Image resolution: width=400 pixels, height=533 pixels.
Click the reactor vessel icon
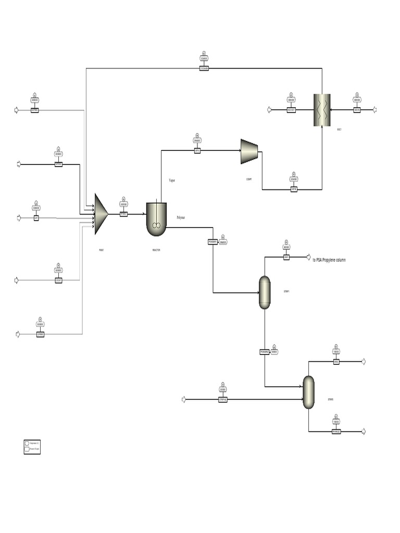(156, 219)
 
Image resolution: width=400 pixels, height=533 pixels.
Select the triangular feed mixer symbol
(100, 214)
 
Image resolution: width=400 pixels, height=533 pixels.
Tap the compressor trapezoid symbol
(249, 151)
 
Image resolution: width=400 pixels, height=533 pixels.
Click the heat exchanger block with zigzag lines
(322, 110)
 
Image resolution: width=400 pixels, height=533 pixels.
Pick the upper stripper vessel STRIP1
(265, 293)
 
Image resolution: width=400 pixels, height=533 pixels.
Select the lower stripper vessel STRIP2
(309, 392)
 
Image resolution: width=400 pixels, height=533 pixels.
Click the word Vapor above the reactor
(172, 180)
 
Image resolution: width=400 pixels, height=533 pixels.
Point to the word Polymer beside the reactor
(181, 217)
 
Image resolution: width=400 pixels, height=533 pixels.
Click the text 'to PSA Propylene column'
(329, 259)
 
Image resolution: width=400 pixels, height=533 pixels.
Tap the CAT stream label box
(36, 218)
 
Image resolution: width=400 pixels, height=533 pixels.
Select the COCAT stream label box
(58, 280)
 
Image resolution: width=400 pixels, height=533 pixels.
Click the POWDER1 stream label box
(213, 242)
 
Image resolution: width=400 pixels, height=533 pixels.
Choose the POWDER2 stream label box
(265, 352)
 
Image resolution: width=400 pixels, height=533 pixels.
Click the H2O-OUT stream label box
(291, 110)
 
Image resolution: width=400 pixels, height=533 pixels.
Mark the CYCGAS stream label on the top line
(204, 68)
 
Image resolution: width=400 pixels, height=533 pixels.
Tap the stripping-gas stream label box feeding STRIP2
(222, 399)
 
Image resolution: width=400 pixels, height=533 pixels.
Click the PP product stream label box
(336, 432)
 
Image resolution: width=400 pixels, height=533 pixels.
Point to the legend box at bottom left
(32, 446)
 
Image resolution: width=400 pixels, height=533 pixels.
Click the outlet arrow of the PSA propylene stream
(308, 257)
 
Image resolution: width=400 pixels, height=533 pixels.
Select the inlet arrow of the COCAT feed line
(16, 280)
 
